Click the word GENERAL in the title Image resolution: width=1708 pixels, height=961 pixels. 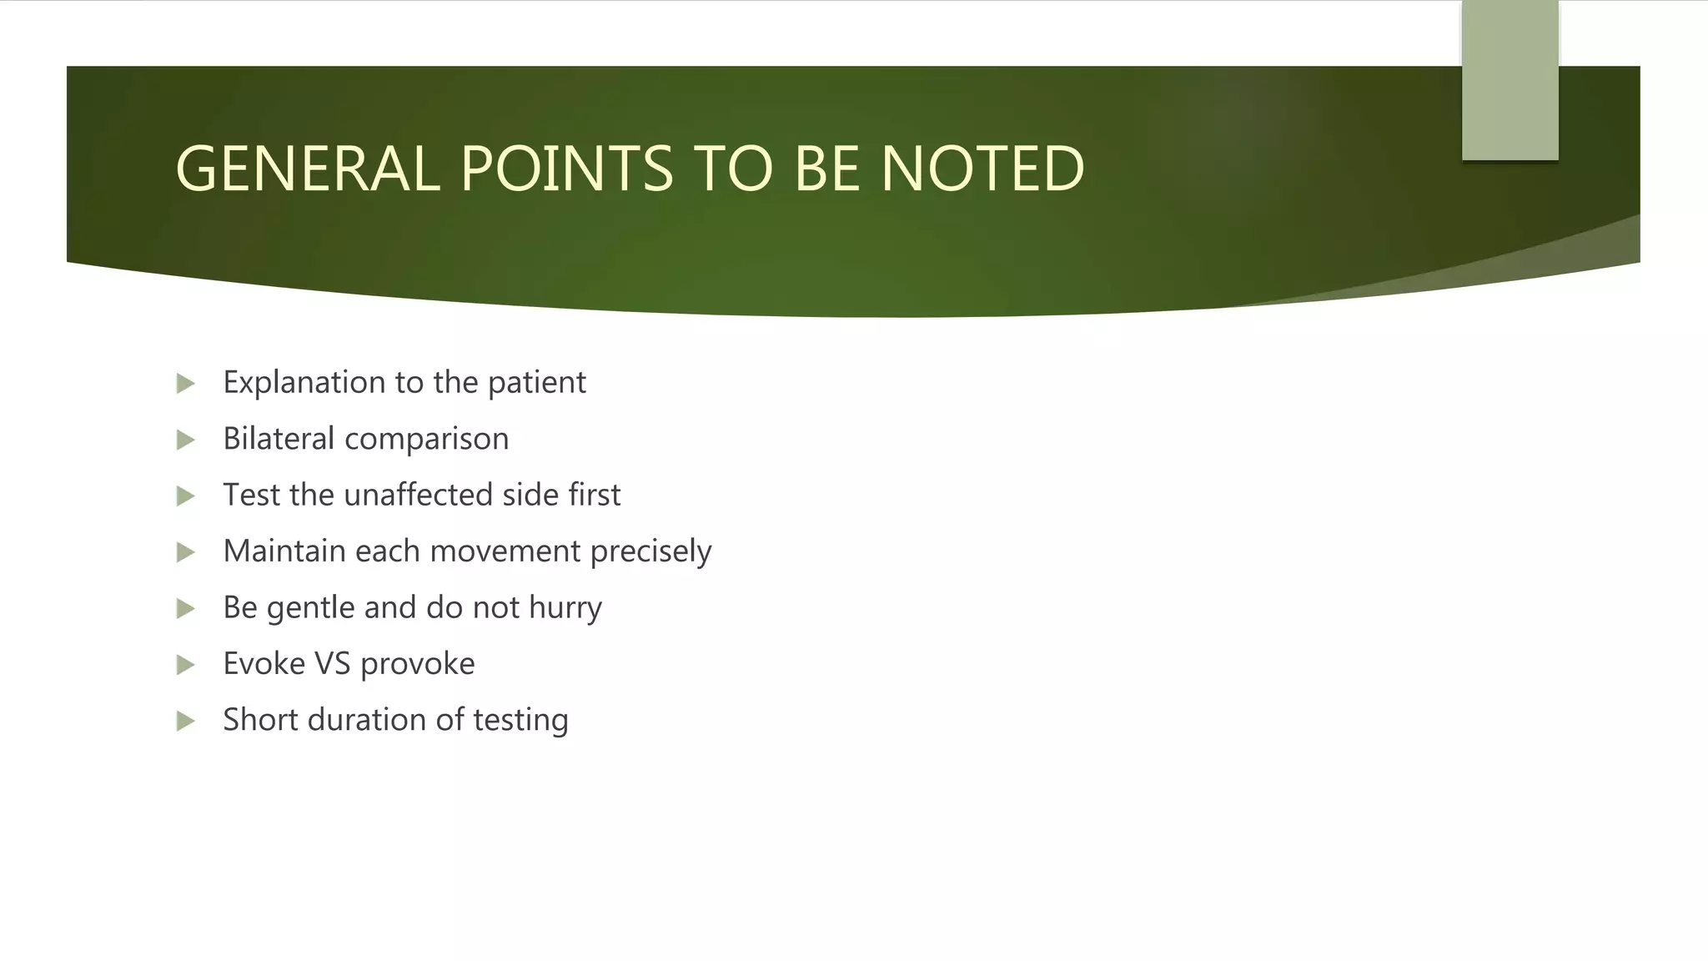tap(307, 169)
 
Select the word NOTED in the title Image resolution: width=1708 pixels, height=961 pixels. tap(982, 169)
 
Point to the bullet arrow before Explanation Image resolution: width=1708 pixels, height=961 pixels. tap(185, 384)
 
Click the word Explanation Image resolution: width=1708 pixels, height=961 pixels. tap(304, 383)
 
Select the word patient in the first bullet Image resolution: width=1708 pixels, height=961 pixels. tap(536, 383)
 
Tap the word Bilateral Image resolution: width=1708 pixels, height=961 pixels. tap(279, 439)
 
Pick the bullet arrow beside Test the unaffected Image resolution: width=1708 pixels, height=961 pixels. tap(185, 496)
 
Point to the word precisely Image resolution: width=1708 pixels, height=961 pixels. tap(651, 552)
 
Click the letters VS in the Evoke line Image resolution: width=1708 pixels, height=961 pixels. tap(332, 664)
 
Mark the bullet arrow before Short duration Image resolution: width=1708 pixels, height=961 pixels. tap(185, 721)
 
